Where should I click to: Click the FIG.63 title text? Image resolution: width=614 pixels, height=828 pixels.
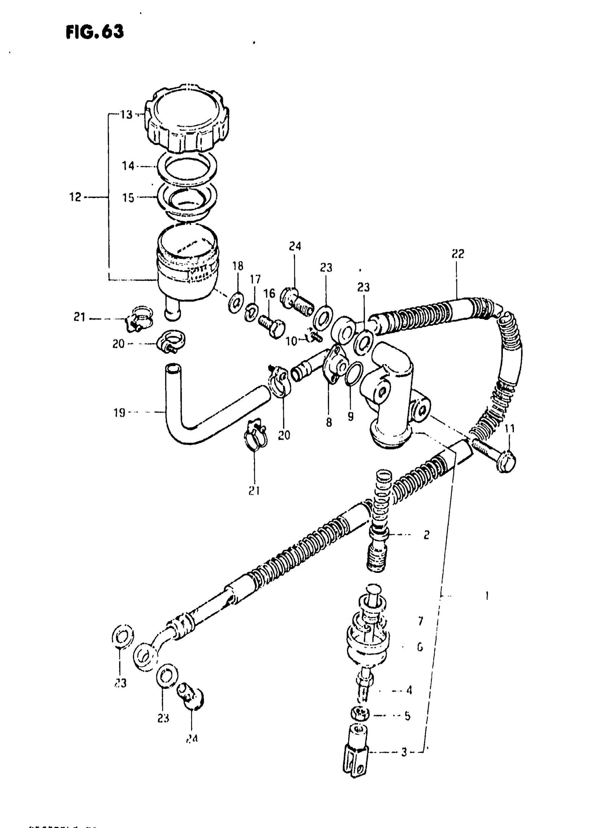click(94, 32)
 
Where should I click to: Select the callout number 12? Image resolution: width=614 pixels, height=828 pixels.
click(75, 197)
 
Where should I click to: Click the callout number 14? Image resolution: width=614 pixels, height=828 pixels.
click(128, 166)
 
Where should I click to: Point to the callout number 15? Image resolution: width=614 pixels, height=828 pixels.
click(128, 198)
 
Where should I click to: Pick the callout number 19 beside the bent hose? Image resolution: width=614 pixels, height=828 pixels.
click(119, 412)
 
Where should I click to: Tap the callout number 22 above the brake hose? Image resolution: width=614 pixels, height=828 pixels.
click(458, 254)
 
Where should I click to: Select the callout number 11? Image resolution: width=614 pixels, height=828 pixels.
click(510, 429)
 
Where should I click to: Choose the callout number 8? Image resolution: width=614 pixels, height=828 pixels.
click(329, 422)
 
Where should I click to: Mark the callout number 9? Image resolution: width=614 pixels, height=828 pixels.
click(350, 417)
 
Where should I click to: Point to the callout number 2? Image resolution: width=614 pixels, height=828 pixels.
click(426, 535)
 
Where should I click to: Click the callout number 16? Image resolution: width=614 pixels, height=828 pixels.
click(269, 293)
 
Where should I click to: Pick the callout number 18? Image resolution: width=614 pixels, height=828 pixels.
click(238, 266)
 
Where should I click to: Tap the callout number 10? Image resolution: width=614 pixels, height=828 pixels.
click(291, 341)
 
